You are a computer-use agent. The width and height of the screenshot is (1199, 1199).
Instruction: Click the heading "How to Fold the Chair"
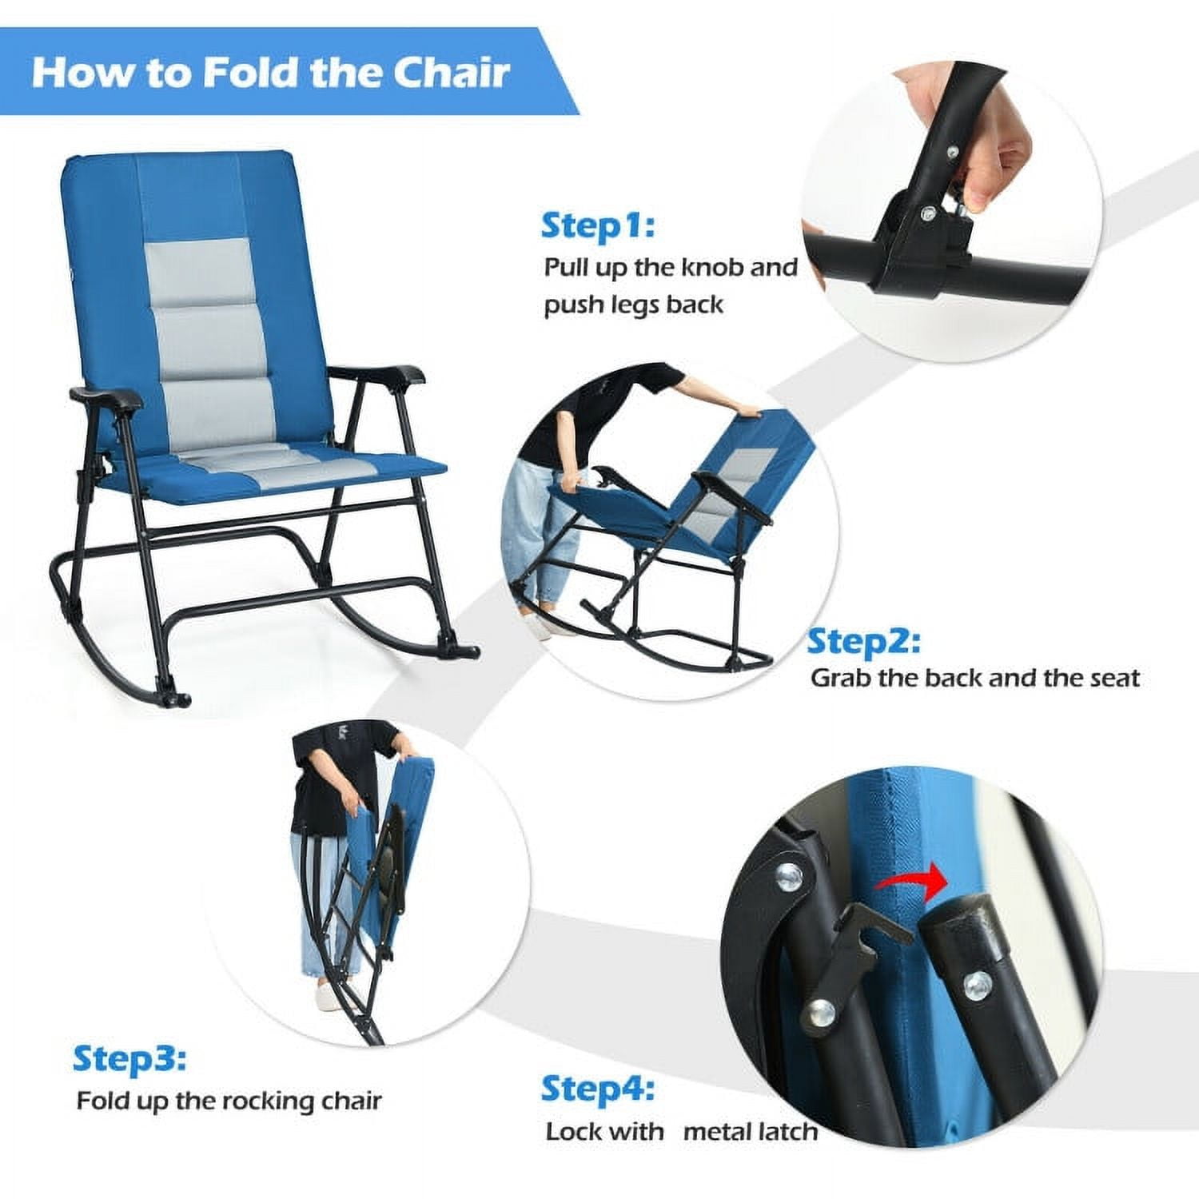(x=270, y=72)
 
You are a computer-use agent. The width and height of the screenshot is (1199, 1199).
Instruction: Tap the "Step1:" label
(x=597, y=225)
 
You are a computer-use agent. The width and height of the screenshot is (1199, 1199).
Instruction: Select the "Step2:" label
(x=863, y=642)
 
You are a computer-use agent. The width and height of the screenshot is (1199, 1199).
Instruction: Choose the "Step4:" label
(x=598, y=1089)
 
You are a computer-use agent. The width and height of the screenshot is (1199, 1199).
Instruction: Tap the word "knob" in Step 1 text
(x=707, y=267)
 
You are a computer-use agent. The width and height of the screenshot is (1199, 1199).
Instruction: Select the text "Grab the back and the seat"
(x=974, y=679)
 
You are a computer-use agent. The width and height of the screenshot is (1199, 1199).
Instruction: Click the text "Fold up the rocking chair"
(x=229, y=1101)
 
